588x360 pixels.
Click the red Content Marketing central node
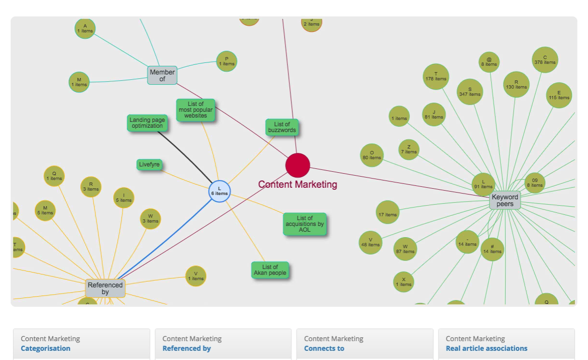[x=298, y=165]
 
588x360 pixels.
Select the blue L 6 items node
[x=219, y=191]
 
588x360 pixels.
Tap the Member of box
[x=162, y=75]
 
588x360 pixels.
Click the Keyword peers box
[x=505, y=200]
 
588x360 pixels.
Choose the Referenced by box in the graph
[x=105, y=288]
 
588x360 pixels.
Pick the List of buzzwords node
[x=282, y=127]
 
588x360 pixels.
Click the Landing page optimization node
[x=148, y=123]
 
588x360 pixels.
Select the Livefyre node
[x=149, y=165]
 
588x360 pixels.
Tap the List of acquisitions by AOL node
[x=304, y=224]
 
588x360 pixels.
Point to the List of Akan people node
[x=270, y=270]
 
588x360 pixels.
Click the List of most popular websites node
[x=196, y=110]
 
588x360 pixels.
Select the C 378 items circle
[x=545, y=60]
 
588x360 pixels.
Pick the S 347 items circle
[x=469, y=92]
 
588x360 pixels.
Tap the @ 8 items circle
[x=489, y=62]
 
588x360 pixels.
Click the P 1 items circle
[x=226, y=61]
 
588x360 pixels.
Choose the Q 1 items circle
[x=54, y=176]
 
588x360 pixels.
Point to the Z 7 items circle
[x=409, y=150]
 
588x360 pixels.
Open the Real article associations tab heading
[x=486, y=348]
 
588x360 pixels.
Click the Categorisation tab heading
[x=45, y=348]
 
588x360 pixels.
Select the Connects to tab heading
[x=324, y=348]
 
